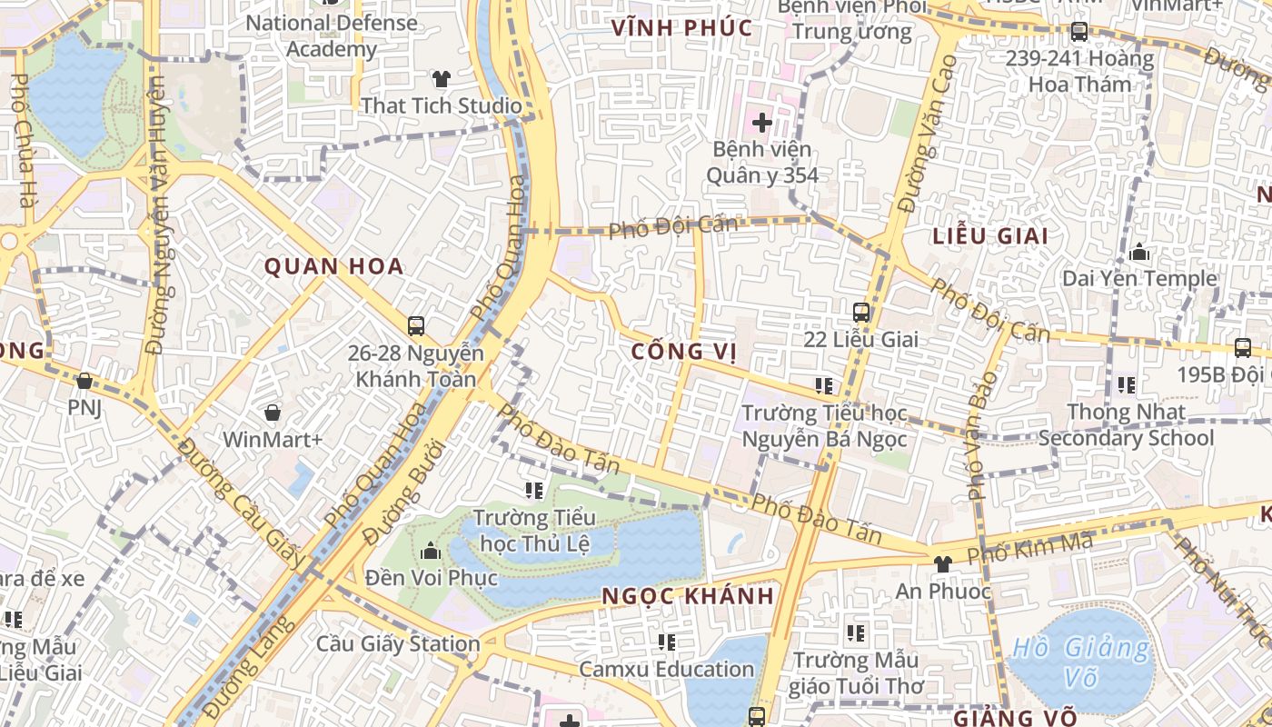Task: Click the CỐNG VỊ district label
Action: (x=684, y=352)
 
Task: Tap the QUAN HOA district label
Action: (x=333, y=266)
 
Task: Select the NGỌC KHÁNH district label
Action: (x=689, y=596)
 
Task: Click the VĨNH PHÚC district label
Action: (x=681, y=27)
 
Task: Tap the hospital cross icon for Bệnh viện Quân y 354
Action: (x=761, y=121)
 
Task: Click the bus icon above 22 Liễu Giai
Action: (x=861, y=313)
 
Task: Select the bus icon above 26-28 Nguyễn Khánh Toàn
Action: (x=416, y=325)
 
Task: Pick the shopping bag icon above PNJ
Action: (x=84, y=381)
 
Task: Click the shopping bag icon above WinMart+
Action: (x=272, y=413)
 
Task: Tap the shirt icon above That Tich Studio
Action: (x=442, y=79)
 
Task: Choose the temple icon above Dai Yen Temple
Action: (x=1139, y=252)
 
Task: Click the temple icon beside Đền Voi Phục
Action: (x=431, y=551)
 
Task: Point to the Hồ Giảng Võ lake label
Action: (x=1081, y=662)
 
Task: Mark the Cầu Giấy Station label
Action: (x=398, y=643)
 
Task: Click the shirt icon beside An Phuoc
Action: (x=942, y=564)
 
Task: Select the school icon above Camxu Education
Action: (x=667, y=642)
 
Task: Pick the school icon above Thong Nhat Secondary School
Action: (x=1127, y=385)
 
